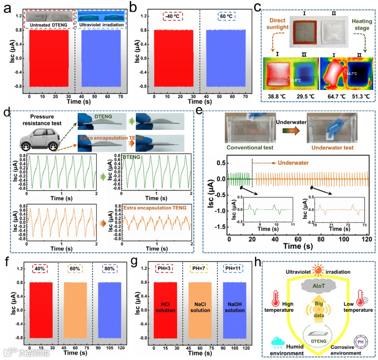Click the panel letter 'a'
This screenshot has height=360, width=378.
pos(7,6)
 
